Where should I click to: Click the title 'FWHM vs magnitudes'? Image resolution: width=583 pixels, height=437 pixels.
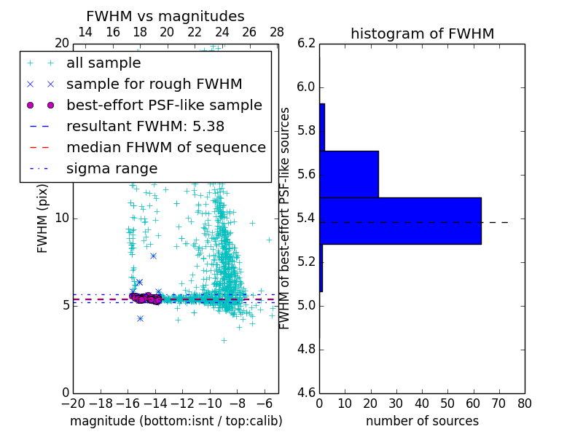[x=165, y=16]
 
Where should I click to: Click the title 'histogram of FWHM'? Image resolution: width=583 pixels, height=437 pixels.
[x=422, y=34]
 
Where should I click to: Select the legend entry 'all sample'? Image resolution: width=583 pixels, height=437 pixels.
[x=103, y=63]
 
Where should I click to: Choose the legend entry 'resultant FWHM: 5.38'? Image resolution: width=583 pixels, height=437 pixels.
[x=145, y=127]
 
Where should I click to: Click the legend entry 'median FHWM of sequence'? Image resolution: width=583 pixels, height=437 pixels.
[x=165, y=148]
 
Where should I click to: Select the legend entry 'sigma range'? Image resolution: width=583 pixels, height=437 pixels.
[x=111, y=169]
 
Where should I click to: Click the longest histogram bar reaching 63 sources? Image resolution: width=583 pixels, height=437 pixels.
[x=400, y=221]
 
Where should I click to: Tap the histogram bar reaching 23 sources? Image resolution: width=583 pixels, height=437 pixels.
[x=349, y=174]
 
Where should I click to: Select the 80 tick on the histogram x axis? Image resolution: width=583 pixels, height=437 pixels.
[x=524, y=403]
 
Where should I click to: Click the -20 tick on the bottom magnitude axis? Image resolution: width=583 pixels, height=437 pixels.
[x=73, y=403]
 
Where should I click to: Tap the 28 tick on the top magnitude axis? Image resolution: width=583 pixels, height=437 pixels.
[x=277, y=33]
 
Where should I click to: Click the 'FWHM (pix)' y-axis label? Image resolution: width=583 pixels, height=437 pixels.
[x=43, y=218]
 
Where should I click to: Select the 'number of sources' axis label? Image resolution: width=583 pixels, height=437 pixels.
[x=422, y=421]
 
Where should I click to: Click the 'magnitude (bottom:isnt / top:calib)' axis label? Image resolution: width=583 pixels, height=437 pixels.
[x=176, y=421]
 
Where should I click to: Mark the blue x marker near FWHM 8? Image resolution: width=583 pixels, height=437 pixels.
[x=153, y=256]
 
